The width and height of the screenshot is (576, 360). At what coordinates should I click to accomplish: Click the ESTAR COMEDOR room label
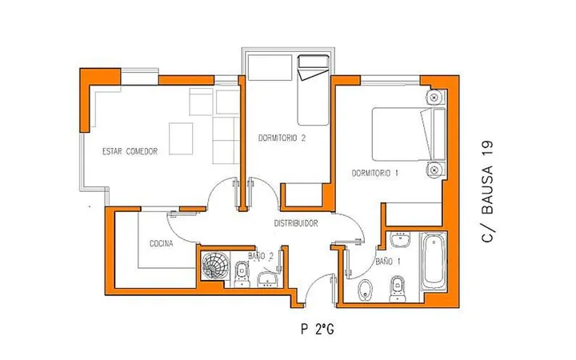(130, 151)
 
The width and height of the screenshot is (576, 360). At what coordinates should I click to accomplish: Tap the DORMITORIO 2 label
(282, 138)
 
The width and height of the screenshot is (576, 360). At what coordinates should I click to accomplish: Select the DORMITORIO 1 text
(375, 173)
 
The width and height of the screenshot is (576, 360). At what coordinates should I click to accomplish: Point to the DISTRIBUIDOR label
(296, 223)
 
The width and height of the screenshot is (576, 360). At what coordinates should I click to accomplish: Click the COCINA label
(162, 243)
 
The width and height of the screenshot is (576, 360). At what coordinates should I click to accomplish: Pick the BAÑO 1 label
(388, 262)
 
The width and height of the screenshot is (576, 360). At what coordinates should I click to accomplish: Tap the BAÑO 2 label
(261, 256)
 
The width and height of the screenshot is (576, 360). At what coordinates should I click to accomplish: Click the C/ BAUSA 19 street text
(487, 191)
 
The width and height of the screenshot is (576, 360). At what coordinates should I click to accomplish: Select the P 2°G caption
(318, 329)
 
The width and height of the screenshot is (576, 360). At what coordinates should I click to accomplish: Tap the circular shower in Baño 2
(215, 264)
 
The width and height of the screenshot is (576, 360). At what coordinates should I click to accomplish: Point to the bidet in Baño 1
(365, 290)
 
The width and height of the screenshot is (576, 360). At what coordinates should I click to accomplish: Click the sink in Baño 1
(400, 240)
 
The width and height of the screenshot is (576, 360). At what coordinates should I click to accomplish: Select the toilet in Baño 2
(242, 274)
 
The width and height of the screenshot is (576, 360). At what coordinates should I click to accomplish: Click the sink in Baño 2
(267, 279)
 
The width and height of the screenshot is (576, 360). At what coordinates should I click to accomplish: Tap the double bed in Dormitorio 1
(409, 134)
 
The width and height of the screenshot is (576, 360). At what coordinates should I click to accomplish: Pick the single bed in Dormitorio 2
(313, 90)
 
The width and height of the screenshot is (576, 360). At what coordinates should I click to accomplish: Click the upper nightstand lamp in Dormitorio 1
(434, 98)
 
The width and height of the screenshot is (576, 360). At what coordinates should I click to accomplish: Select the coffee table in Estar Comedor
(181, 138)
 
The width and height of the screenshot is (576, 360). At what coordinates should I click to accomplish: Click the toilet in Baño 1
(397, 289)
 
